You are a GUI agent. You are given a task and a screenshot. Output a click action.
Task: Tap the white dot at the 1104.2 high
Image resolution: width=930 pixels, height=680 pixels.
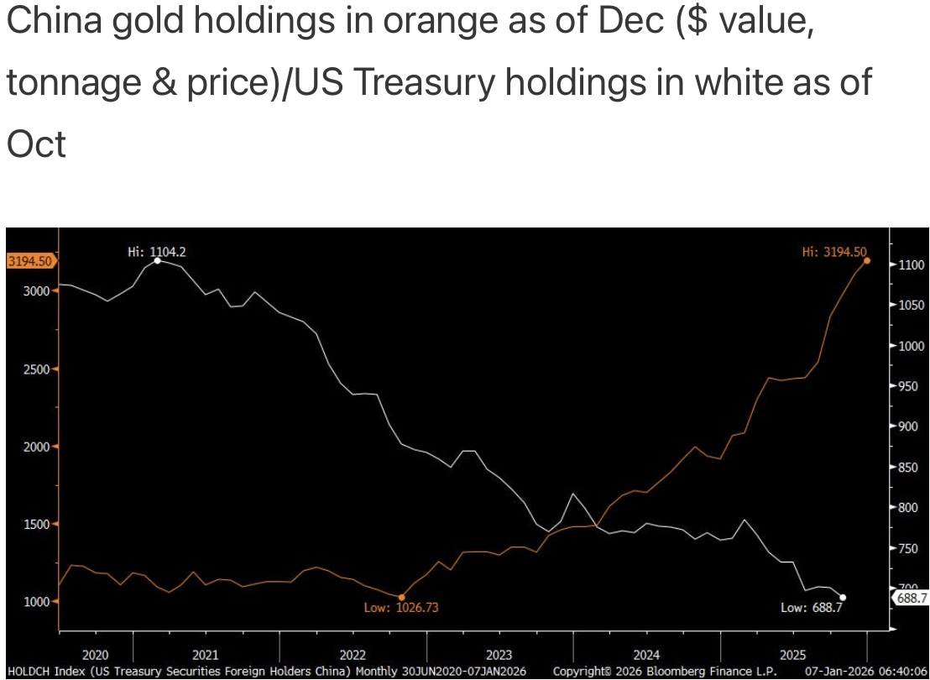click(158, 260)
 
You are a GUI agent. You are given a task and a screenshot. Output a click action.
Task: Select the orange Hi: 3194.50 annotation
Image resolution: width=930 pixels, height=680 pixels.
click(833, 250)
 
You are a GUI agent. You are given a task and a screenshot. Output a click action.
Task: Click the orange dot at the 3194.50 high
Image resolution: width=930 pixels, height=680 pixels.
click(867, 260)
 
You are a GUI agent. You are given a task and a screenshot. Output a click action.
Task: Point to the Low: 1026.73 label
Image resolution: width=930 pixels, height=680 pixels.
click(402, 607)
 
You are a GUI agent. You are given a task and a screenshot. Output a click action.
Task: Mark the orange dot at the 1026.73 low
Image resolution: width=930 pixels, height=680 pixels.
click(402, 597)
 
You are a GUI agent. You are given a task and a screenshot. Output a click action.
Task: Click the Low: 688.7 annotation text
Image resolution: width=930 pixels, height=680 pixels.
click(811, 607)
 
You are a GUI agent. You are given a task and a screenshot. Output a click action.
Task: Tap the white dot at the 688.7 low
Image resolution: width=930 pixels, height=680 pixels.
click(843, 597)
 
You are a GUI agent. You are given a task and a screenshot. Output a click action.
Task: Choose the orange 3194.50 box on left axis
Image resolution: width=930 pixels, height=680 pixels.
click(30, 261)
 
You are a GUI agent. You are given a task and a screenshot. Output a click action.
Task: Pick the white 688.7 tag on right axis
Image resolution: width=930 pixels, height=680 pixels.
click(912, 598)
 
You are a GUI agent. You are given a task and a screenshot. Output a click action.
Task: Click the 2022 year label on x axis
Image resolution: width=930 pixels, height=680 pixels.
click(353, 654)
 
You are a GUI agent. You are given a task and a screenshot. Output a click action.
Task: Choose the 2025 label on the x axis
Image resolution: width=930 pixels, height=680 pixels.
click(793, 654)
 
